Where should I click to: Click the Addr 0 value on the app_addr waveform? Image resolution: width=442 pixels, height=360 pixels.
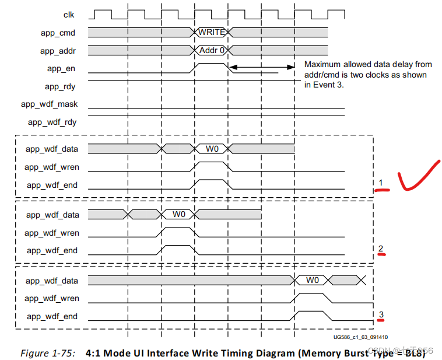[212, 51]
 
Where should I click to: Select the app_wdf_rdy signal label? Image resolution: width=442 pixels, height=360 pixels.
[52, 123]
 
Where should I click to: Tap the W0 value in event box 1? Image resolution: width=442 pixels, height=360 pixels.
[212, 149]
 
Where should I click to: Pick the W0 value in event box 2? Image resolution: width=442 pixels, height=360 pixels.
[178, 215]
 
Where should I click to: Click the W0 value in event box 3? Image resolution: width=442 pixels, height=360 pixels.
[313, 281]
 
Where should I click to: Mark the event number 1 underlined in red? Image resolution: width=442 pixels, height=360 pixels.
[380, 184]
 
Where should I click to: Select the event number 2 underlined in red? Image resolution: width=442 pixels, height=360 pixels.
[380, 250]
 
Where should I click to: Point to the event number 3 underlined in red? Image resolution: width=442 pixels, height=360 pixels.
[381, 316]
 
